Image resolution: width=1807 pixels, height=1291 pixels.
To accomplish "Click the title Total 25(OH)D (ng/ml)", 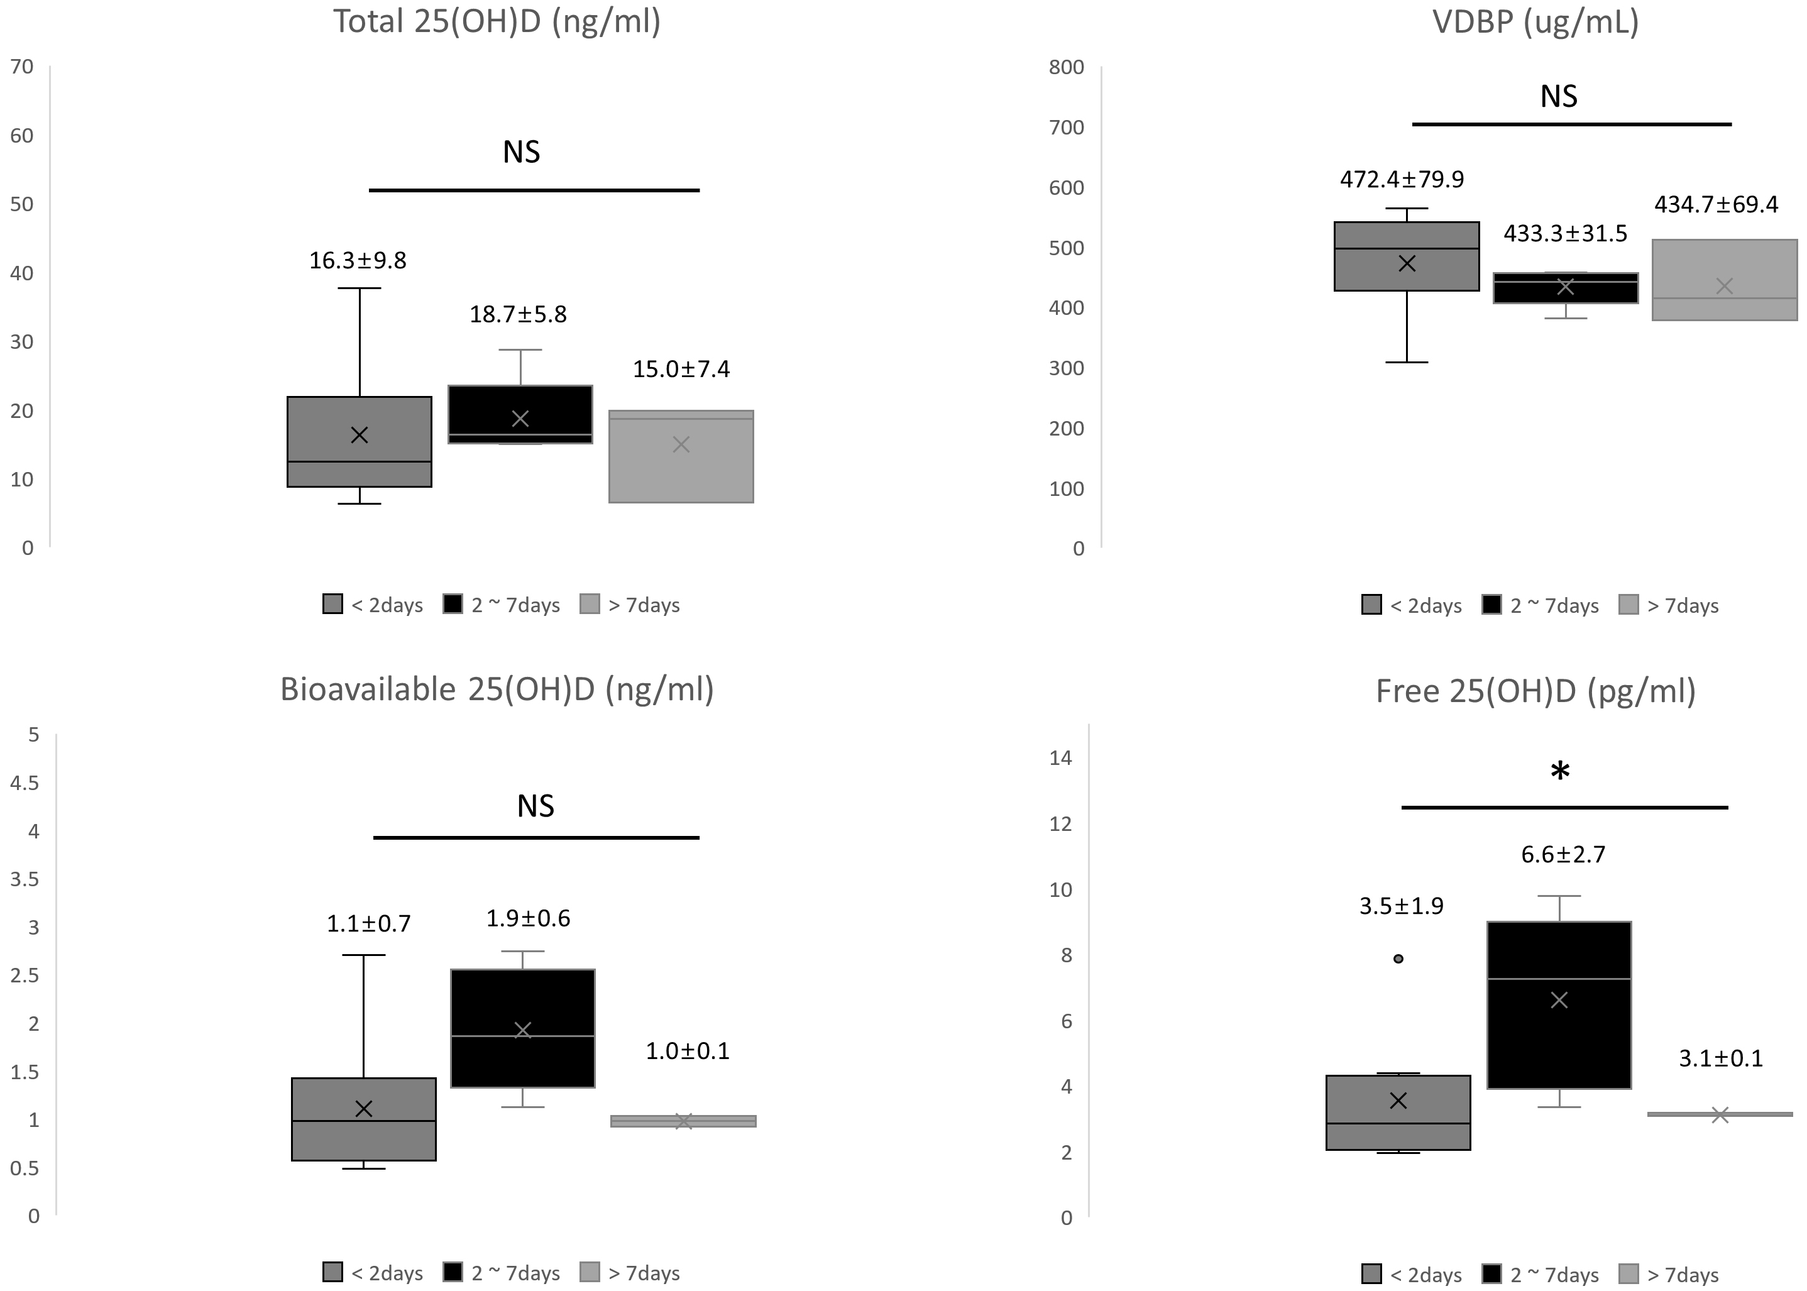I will click(x=497, y=22).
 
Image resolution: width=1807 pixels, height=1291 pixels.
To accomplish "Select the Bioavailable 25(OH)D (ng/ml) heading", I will click(x=497, y=689).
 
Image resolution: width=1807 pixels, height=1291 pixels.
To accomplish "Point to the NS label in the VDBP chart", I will click(x=1558, y=97).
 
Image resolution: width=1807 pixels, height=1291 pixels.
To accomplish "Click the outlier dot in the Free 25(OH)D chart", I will click(x=1398, y=959).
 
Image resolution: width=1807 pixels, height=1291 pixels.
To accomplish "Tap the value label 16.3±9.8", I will click(x=358, y=261).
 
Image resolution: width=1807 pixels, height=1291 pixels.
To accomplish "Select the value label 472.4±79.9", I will click(x=1402, y=180).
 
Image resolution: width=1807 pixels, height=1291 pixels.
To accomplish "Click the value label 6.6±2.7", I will click(x=1563, y=855).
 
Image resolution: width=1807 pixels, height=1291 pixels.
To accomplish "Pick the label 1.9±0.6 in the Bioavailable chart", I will click(x=528, y=919).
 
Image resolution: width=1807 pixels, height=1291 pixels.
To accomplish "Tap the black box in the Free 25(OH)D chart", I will click(x=1559, y=1033).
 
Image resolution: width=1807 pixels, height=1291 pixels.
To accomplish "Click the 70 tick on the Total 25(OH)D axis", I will click(x=22, y=67).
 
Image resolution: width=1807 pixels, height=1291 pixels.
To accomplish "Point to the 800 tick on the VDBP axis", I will click(x=1066, y=67).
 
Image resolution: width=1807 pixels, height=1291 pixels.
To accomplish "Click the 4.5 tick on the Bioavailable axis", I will click(x=24, y=783).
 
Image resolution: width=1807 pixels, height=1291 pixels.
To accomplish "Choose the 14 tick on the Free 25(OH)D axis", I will click(x=1060, y=757).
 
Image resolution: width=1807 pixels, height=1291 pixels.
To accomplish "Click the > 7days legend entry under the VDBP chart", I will click(x=1669, y=606).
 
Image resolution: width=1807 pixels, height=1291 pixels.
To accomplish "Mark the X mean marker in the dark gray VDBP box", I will click(x=1407, y=263).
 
